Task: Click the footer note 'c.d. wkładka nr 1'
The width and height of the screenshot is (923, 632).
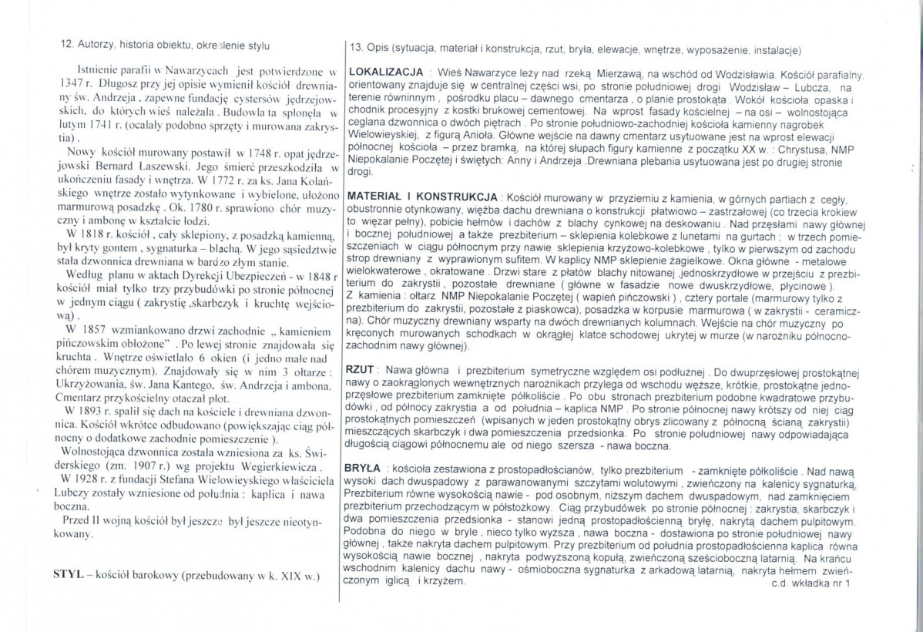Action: point(808,583)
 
